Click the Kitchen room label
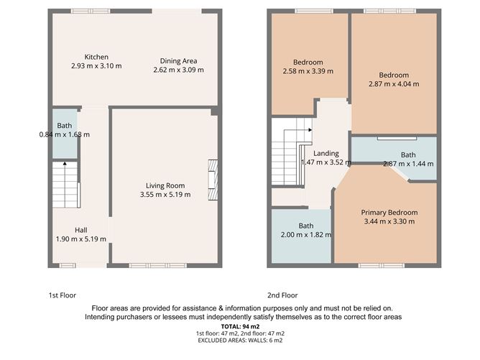(96, 57)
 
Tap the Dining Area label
(178, 61)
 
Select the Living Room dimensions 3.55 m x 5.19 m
(165, 194)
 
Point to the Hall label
(81, 230)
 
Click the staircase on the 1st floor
(65, 185)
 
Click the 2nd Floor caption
(282, 295)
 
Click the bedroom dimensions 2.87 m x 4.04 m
(394, 84)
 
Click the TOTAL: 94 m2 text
(240, 326)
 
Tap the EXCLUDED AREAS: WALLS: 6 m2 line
(240, 341)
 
